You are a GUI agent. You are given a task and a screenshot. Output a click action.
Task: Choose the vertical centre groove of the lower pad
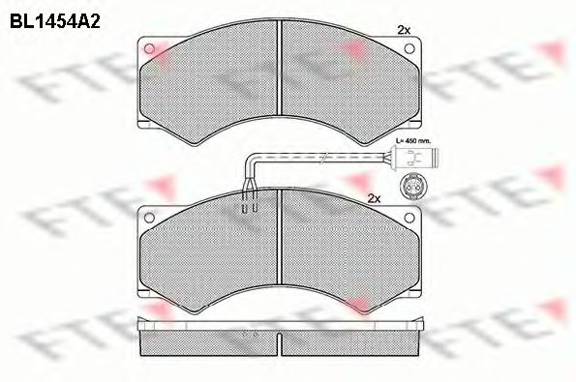(x=281, y=242)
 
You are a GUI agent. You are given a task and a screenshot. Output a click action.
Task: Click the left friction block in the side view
(x=208, y=338)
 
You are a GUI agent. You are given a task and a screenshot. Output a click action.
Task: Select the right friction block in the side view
(x=353, y=338)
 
